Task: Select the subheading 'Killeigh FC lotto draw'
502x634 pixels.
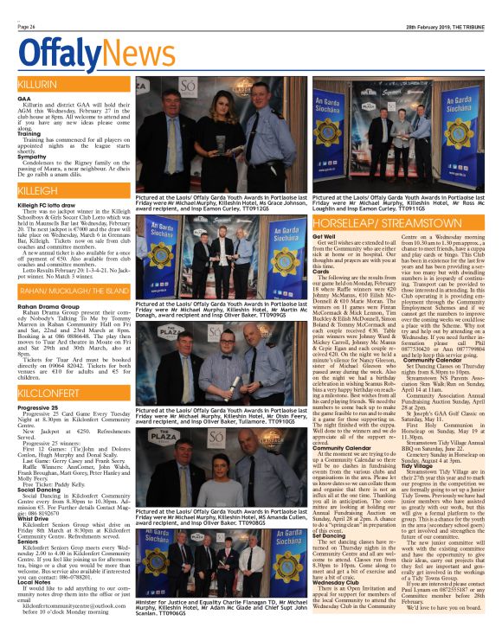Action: [x=48, y=204]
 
